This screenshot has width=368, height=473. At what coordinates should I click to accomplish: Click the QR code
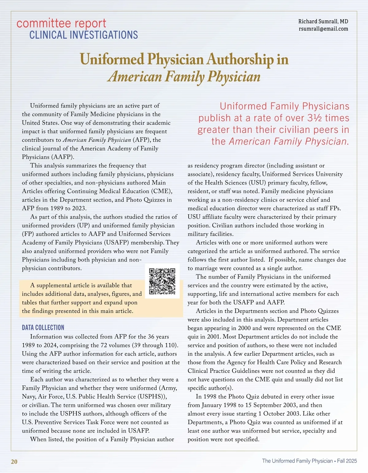(162, 281)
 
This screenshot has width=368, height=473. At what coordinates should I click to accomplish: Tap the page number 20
(14, 462)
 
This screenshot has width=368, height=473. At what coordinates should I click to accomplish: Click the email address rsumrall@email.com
(323, 29)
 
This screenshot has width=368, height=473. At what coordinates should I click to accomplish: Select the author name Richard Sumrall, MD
(323, 21)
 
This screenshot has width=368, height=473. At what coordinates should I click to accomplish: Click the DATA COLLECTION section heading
(43, 327)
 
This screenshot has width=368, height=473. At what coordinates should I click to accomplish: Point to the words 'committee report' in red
(61, 23)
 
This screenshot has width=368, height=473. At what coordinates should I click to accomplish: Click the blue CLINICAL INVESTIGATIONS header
(83, 35)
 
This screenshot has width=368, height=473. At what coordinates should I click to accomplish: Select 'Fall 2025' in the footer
(347, 461)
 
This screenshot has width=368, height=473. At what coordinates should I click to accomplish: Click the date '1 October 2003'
(294, 414)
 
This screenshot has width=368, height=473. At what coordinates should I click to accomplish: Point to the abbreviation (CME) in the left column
(161, 191)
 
